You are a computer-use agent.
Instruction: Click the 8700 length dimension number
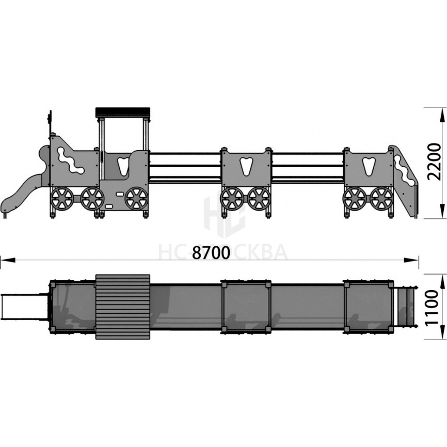click(211, 252)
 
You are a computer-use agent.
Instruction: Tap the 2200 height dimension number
click(435, 162)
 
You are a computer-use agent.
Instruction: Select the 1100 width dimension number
click(435, 307)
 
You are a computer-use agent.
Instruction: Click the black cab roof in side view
click(122, 111)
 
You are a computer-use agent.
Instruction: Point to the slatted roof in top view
click(123, 307)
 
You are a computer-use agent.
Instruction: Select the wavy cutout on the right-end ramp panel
click(404, 170)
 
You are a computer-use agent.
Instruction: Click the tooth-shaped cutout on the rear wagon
click(369, 166)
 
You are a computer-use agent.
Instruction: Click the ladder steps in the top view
click(405, 307)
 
